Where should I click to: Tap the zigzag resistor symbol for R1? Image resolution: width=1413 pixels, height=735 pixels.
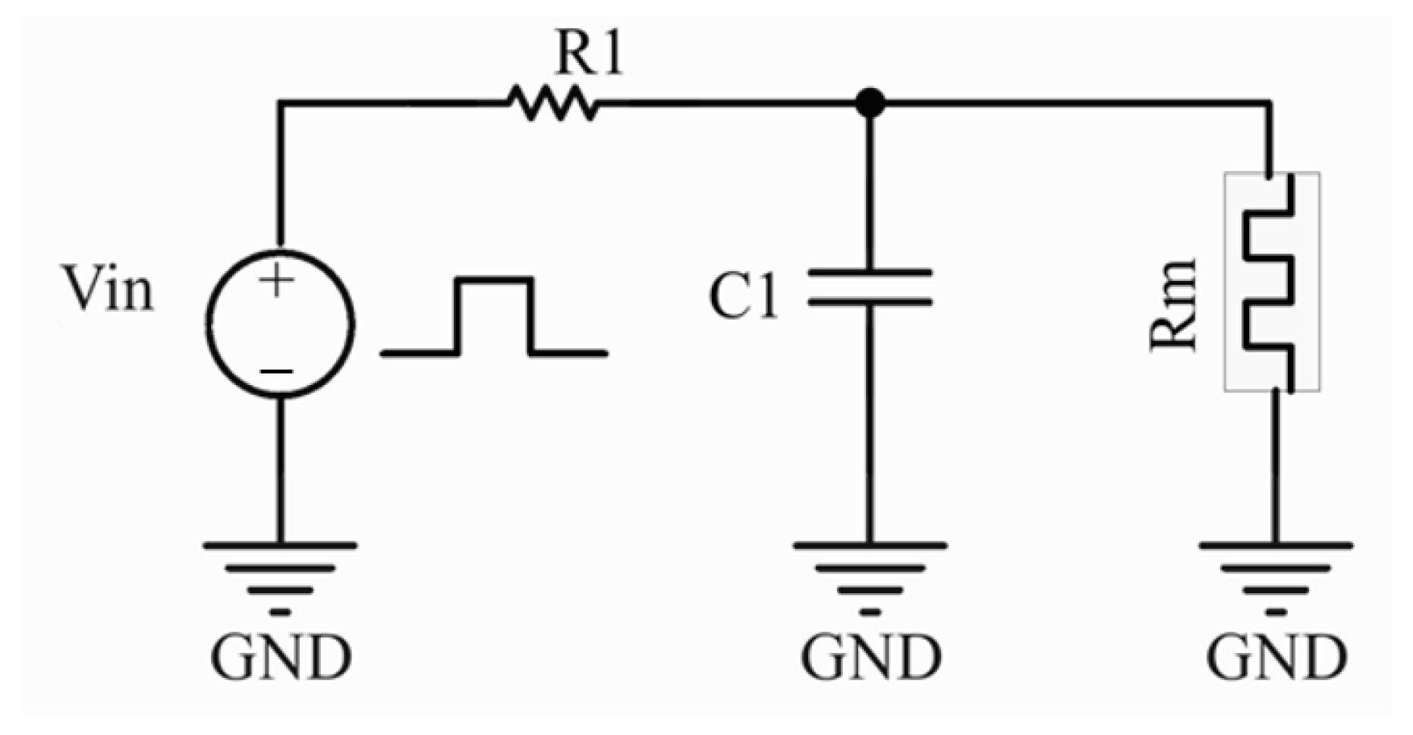(x=553, y=103)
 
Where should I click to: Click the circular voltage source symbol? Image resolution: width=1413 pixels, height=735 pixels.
(x=279, y=323)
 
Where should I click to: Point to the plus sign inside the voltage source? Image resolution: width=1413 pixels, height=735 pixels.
(x=277, y=280)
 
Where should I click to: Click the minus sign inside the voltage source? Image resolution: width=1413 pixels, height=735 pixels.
(x=277, y=371)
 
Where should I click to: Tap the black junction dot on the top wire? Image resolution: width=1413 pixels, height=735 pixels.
(x=870, y=103)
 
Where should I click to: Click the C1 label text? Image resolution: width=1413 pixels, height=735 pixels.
(x=743, y=296)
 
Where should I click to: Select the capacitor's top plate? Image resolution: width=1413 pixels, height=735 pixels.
(x=870, y=272)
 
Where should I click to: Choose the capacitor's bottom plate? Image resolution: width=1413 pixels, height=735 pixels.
(x=870, y=302)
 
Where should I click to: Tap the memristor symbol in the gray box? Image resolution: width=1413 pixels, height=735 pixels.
(x=1272, y=282)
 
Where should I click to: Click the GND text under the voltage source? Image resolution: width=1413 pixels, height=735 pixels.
(x=281, y=658)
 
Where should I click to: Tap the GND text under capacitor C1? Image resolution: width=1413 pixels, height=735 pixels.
(x=871, y=658)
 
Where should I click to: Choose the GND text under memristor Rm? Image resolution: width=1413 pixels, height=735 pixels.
(x=1277, y=658)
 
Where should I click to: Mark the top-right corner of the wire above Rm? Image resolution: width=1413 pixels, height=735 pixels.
(x=1270, y=103)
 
